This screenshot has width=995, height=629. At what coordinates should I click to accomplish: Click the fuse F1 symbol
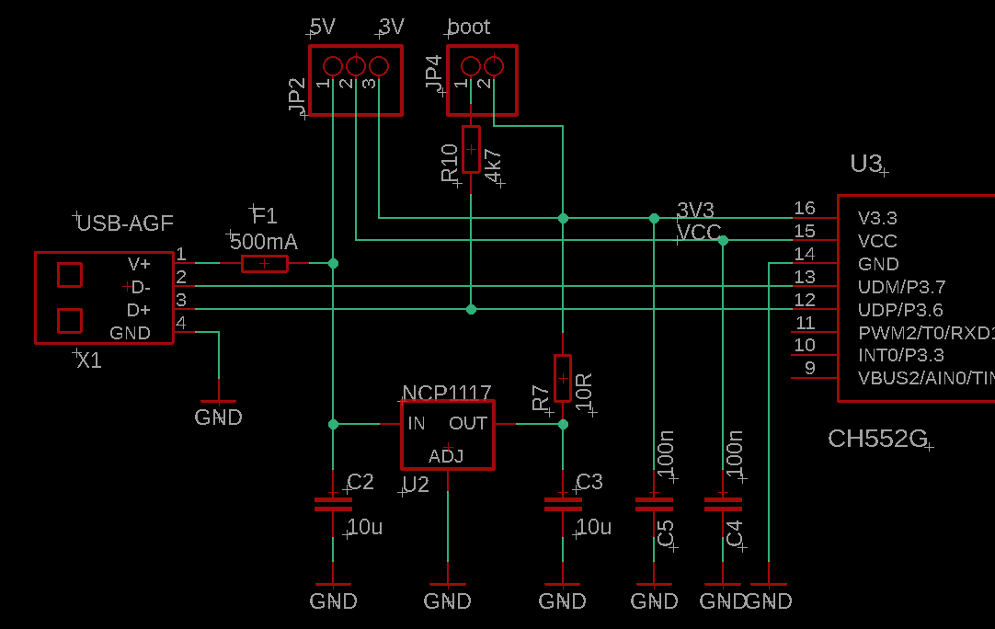point(264,264)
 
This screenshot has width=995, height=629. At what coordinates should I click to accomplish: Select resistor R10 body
point(471,149)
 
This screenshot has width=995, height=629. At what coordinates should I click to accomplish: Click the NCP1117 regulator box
point(448,434)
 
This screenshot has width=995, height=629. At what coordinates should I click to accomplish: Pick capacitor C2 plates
point(333,504)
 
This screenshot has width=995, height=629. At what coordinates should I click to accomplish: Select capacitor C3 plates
point(563,504)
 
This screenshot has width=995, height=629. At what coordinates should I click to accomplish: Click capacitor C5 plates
point(654,504)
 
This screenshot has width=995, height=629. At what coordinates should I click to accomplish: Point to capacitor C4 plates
point(723,504)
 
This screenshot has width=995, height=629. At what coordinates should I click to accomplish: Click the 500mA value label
point(263,242)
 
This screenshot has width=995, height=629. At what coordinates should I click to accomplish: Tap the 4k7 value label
point(493,166)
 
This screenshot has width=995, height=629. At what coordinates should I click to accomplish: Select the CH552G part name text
point(877,439)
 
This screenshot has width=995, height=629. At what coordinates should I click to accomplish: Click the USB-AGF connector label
point(125,223)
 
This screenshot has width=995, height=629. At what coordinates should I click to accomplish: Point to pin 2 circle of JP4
point(493,65)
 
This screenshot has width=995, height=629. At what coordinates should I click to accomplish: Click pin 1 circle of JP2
point(333,65)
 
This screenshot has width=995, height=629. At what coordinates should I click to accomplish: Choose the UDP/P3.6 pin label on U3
point(899,310)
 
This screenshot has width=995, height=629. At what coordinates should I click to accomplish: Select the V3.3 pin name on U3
point(877,219)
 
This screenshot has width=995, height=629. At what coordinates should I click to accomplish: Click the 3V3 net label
point(695,209)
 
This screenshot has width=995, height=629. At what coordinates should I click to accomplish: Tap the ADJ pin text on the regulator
point(446,456)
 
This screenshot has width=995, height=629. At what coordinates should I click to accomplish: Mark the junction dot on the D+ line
point(471,309)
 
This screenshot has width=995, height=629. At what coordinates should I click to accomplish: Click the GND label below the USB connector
point(218,417)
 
